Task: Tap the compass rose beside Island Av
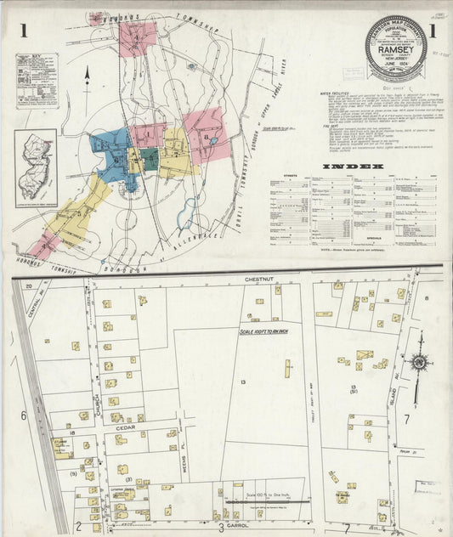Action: coord(418,363)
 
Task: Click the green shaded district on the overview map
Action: coord(150,158)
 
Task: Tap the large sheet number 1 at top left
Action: coord(25,32)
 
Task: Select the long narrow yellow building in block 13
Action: coord(287,370)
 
